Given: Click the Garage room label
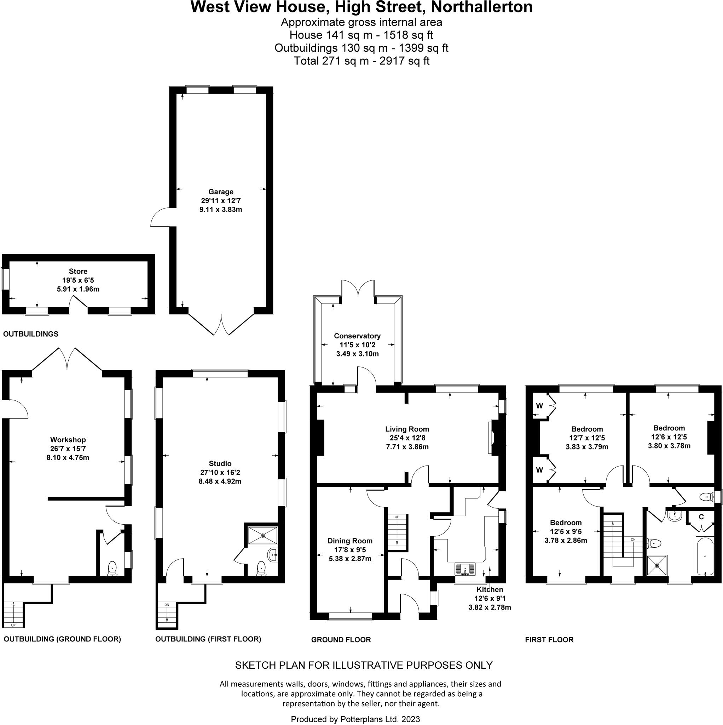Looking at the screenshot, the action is point(221,192).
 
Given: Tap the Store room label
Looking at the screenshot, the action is point(78,271).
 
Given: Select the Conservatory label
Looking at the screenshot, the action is point(357,336).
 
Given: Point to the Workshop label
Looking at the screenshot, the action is point(68,439).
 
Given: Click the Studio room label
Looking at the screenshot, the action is point(220,463).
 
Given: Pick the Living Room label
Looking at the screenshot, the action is point(407,429).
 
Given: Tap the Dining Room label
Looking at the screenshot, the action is point(350,541).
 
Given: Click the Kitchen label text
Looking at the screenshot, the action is point(490,589).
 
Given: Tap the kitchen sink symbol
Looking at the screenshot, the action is point(465,569).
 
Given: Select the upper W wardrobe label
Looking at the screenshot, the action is point(539,406).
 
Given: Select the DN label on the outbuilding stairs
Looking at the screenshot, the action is point(167,605).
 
